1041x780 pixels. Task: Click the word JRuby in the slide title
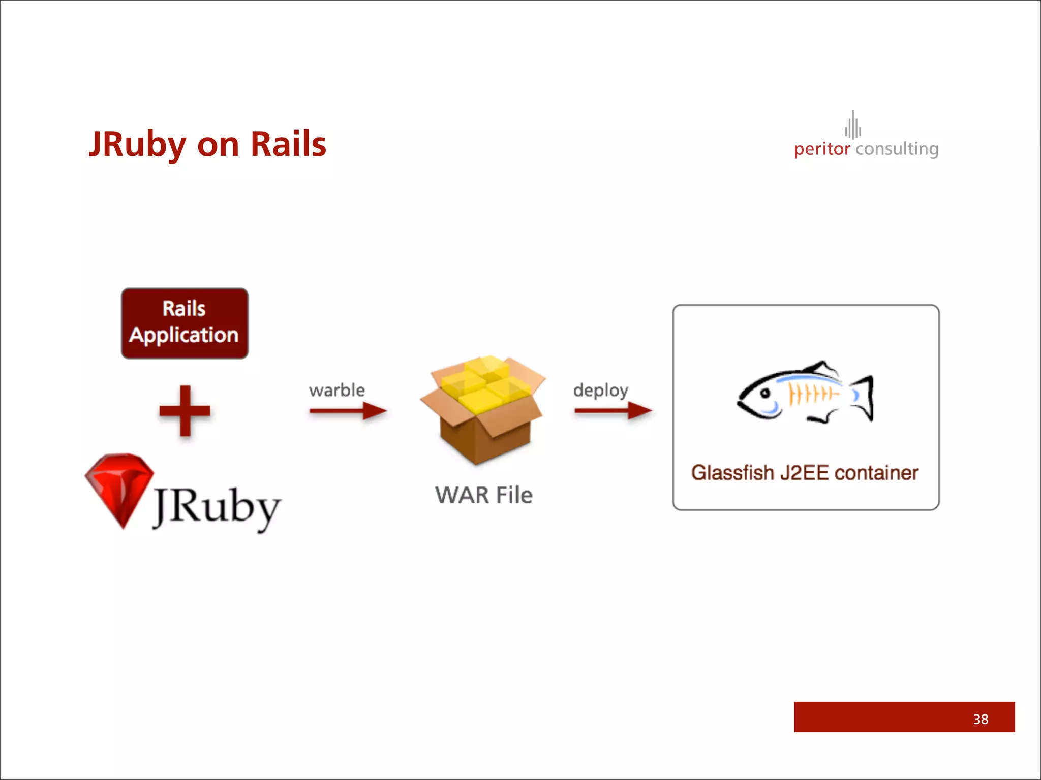tap(137, 145)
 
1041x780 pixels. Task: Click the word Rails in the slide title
tap(288, 145)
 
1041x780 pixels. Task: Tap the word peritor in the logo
tap(821, 149)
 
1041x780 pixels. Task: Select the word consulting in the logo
tap(897, 149)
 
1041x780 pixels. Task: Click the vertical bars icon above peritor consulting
tap(853, 125)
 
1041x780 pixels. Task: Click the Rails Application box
tap(185, 323)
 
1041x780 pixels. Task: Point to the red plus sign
tap(185, 411)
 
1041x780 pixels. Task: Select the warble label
tap(336, 390)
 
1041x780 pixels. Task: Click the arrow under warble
tap(348, 411)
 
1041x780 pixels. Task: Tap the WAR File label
tap(483, 495)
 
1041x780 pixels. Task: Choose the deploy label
tap(601, 390)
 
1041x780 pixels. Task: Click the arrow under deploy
tap(613, 411)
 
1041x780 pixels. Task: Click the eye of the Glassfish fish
tap(763, 393)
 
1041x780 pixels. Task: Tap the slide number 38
tap(981, 719)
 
